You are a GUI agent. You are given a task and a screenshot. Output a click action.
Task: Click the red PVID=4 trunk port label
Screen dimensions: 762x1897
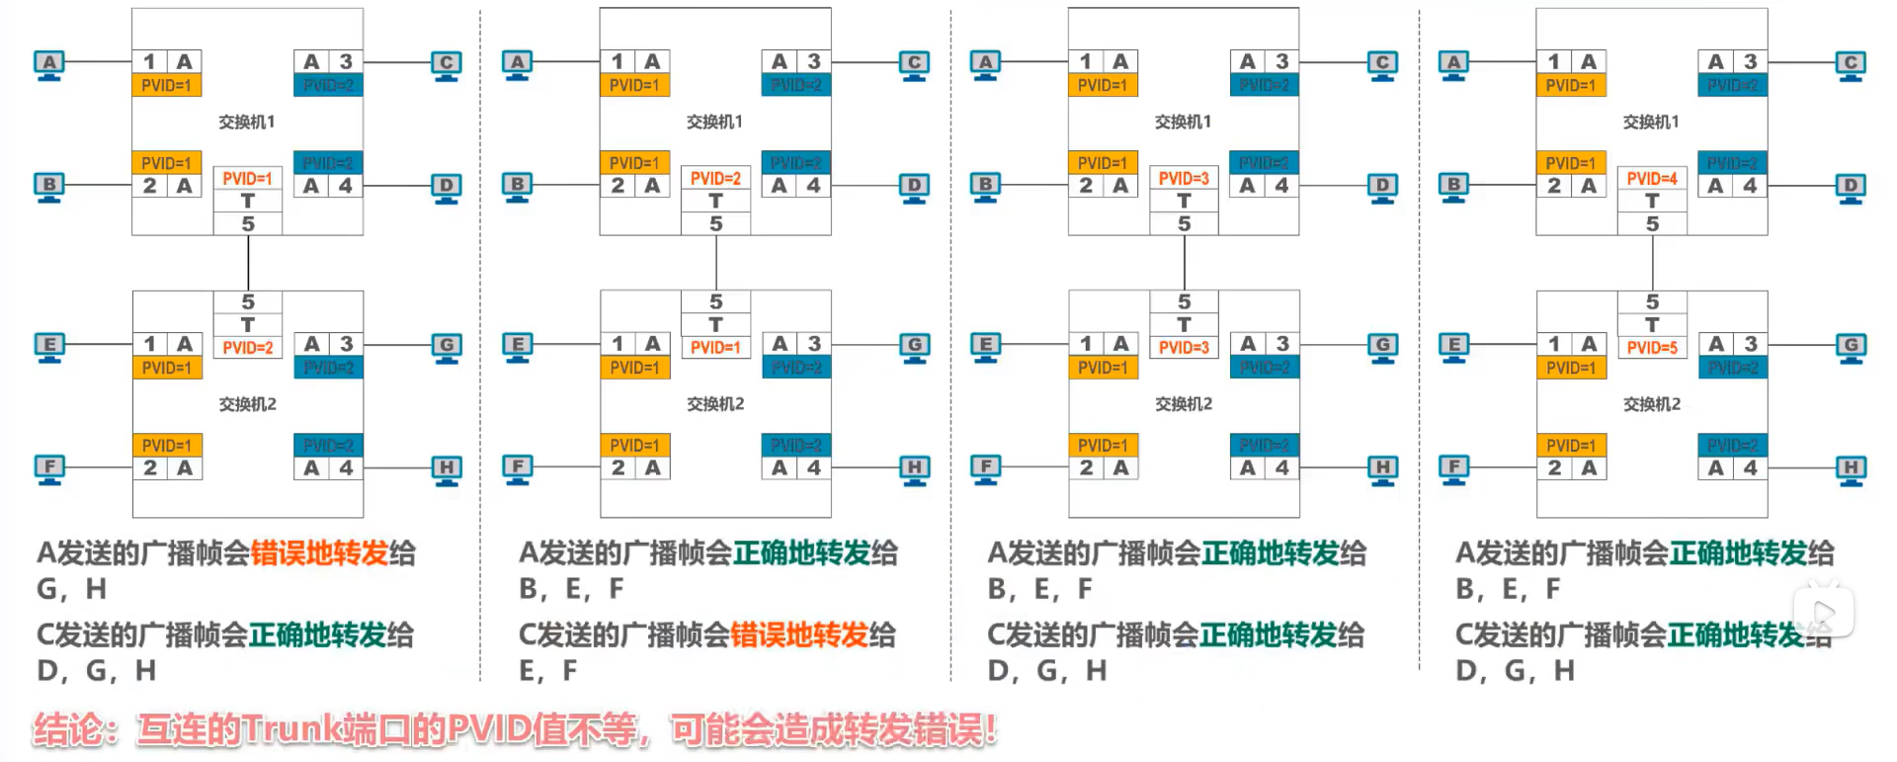pos(1652,179)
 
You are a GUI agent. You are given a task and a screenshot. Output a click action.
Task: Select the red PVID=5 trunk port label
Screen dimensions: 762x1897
pos(1652,348)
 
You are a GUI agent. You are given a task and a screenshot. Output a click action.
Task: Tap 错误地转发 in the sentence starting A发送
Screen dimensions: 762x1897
pos(319,553)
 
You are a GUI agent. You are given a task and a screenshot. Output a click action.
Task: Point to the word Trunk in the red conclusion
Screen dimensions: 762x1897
pos(293,730)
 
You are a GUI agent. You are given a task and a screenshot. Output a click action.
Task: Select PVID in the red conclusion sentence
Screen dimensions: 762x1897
pos(488,730)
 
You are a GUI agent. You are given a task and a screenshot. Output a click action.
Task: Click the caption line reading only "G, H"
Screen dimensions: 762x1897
pos(71,589)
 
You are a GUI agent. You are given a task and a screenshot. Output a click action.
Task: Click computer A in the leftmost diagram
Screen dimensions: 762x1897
pos(48,64)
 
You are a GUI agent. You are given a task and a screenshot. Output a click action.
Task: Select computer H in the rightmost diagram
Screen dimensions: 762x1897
pos(1851,468)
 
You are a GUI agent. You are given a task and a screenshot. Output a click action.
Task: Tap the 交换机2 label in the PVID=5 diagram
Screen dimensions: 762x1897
pos(1652,404)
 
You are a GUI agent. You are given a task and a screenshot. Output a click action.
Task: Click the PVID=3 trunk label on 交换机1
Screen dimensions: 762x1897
pos(1184,179)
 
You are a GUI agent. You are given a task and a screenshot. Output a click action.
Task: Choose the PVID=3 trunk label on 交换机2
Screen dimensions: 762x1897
pos(1184,348)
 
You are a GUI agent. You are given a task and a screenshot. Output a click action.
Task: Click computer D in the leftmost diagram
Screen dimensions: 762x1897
pos(447,187)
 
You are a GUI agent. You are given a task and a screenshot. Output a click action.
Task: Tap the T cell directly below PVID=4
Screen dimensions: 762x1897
pos(1652,202)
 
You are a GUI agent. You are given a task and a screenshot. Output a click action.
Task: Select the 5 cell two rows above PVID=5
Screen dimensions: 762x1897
pos(1652,302)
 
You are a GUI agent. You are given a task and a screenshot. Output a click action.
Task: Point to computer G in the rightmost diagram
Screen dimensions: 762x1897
pos(1851,346)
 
